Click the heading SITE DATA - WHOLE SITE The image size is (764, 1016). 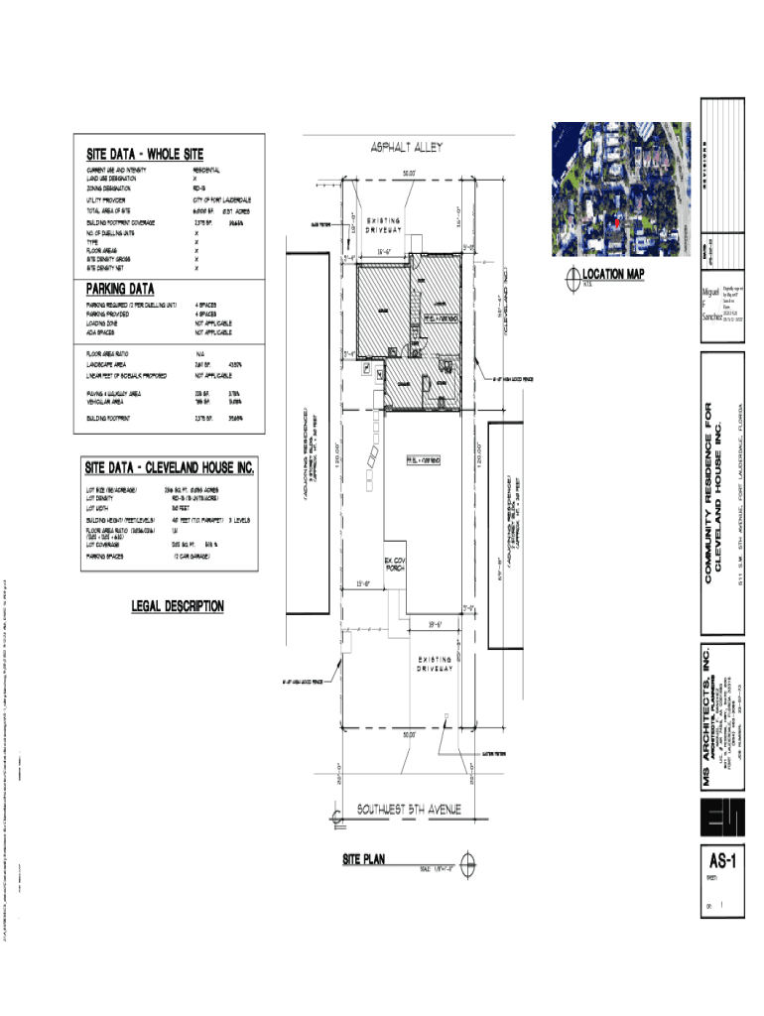[144, 155]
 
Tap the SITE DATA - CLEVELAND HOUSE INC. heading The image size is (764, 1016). [169, 468]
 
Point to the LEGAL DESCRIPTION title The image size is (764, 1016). [178, 606]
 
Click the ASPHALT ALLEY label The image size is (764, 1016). [407, 147]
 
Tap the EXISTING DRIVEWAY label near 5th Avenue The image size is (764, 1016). [435, 664]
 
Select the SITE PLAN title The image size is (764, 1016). [363, 859]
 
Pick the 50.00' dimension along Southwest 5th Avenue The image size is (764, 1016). [408, 735]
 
